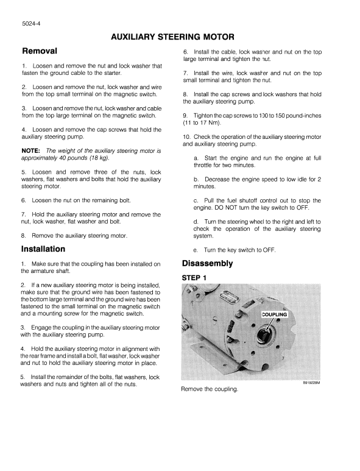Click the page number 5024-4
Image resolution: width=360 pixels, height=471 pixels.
click(x=31, y=24)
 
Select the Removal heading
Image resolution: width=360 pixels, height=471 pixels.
click(x=40, y=51)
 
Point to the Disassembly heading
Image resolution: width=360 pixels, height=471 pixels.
click(x=208, y=263)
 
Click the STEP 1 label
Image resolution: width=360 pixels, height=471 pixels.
click(x=195, y=278)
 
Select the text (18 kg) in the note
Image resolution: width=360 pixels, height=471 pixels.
click(x=99, y=157)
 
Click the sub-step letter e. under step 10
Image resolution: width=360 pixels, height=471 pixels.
click(x=196, y=250)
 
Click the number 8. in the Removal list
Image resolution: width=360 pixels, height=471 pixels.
click(x=24, y=235)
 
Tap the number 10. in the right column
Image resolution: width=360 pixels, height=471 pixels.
click(x=187, y=136)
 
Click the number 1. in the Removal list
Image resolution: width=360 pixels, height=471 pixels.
click(x=24, y=66)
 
